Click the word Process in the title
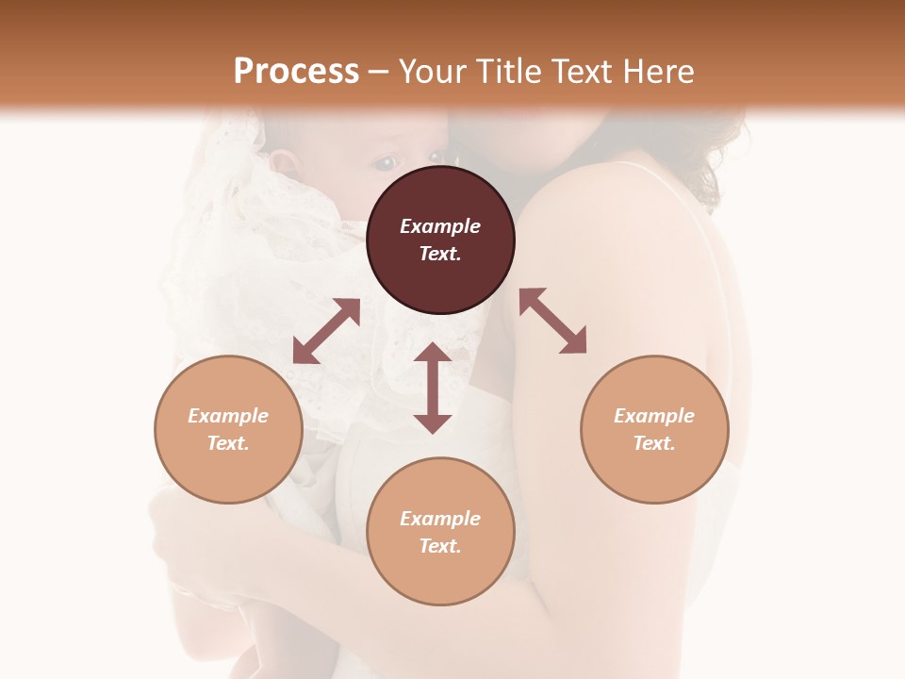(x=296, y=72)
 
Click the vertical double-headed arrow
(x=433, y=388)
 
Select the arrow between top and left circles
(x=326, y=331)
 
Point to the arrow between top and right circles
(x=552, y=321)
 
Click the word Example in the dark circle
(x=440, y=226)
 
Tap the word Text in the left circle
(x=228, y=443)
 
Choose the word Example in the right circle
(x=654, y=416)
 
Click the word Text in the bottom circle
(x=440, y=546)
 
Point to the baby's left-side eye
(x=385, y=164)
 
